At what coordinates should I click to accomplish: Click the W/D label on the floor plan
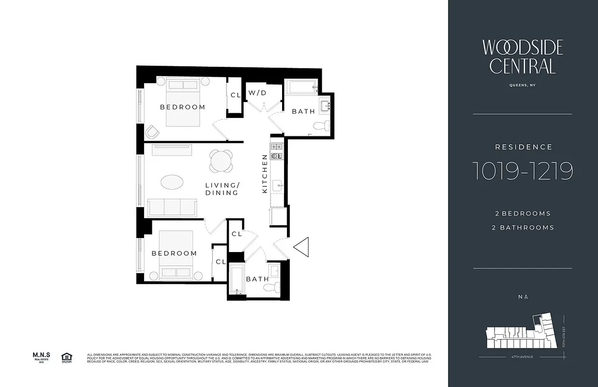pyautogui.click(x=257, y=92)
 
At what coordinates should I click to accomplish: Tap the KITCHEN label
pyautogui.click(x=265, y=174)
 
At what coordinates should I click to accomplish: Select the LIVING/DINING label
pyautogui.click(x=222, y=189)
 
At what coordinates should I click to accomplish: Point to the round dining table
pyautogui.click(x=221, y=161)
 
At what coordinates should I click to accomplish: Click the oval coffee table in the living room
pyautogui.click(x=172, y=182)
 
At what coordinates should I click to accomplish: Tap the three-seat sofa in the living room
pyautogui.click(x=172, y=207)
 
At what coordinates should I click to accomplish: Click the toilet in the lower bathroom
pyautogui.click(x=272, y=286)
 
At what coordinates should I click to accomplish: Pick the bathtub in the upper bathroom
pyautogui.click(x=300, y=88)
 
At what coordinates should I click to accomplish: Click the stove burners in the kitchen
pyautogui.click(x=276, y=146)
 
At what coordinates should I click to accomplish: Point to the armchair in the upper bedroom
pyautogui.click(x=152, y=132)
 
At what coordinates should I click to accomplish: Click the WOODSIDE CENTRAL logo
pyautogui.click(x=523, y=57)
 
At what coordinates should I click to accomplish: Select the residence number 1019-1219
pyautogui.click(x=523, y=171)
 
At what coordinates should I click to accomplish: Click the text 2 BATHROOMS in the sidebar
pyautogui.click(x=523, y=227)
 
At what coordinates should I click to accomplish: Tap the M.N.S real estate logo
pyautogui.click(x=42, y=357)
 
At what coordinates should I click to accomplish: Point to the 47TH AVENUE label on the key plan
pyautogui.click(x=523, y=357)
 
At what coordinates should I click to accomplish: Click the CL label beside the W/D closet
pyautogui.click(x=236, y=95)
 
